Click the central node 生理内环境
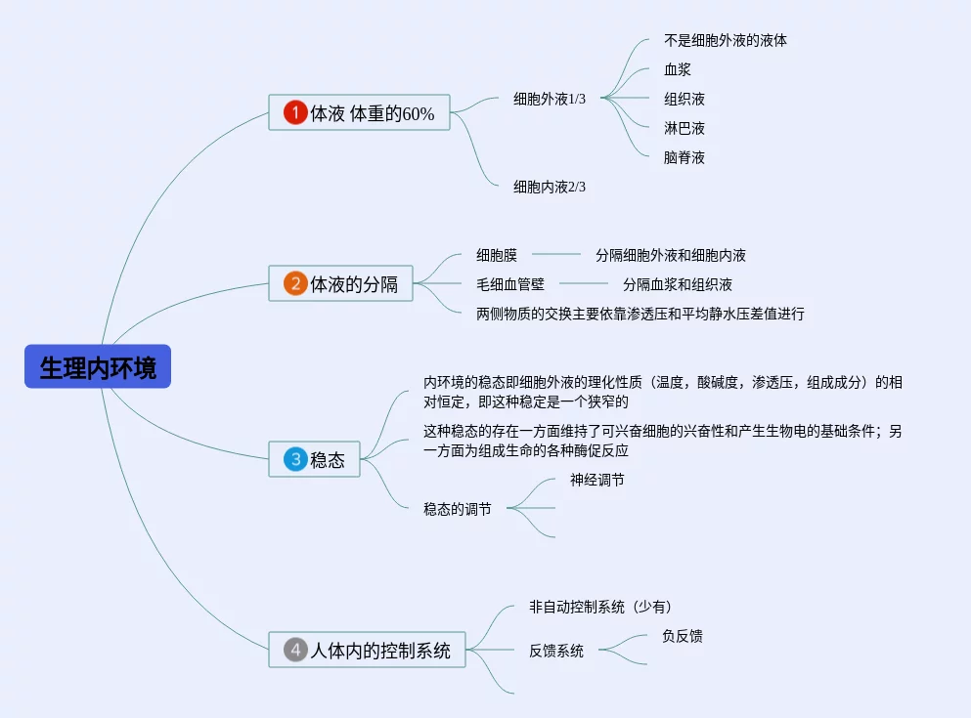point(98,367)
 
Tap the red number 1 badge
point(295,113)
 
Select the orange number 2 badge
point(295,284)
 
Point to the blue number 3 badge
point(295,459)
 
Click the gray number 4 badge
point(295,650)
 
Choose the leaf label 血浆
point(678,69)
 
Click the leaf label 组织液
point(684,99)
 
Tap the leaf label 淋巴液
point(684,128)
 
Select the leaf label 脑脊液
point(684,157)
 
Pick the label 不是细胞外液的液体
point(726,40)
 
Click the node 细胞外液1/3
point(550,99)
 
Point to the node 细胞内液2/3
point(550,187)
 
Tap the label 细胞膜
point(497,255)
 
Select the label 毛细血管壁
point(510,284)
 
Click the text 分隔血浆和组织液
point(678,284)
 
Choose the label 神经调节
point(597,480)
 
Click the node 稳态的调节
point(458,509)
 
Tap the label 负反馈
point(682,636)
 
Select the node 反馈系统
point(556,651)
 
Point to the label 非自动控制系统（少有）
point(600,607)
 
